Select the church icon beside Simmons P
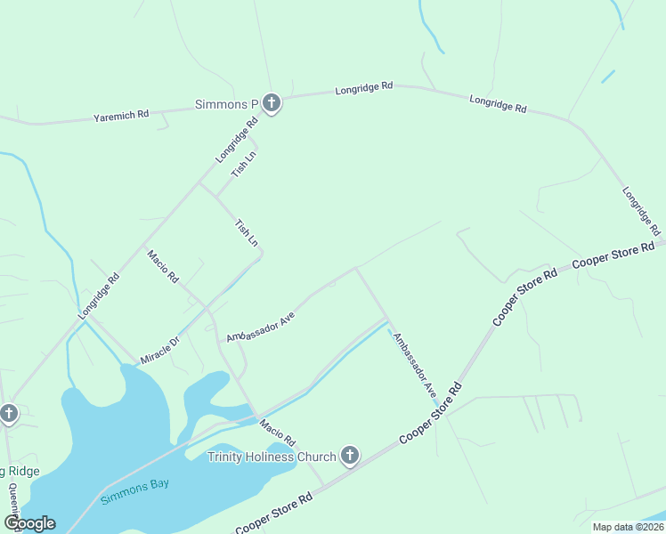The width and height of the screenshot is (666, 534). [x=272, y=104]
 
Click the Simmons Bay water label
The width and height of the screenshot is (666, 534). [x=134, y=491]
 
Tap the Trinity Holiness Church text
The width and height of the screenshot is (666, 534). [x=272, y=457]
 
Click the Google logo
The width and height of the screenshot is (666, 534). [x=28, y=522]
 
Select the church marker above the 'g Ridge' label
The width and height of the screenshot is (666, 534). [x=9, y=414]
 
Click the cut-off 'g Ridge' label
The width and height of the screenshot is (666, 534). [x=20, y=471]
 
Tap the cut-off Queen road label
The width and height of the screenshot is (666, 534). [x=12, y=501]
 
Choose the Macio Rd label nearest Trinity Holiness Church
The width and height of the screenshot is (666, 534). [x=277, y=433]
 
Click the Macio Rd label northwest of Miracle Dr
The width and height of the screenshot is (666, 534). [x=163, y=266]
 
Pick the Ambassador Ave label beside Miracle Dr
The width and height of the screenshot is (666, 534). [x=260, y=328]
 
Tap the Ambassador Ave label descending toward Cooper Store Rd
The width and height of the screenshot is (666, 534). [x=415, y=364]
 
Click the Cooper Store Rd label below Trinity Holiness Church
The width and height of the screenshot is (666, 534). [x=274, y=515]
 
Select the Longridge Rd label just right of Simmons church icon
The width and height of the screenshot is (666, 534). [x=363, y=88]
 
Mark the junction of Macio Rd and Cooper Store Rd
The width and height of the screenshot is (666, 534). [x=323, y=487]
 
